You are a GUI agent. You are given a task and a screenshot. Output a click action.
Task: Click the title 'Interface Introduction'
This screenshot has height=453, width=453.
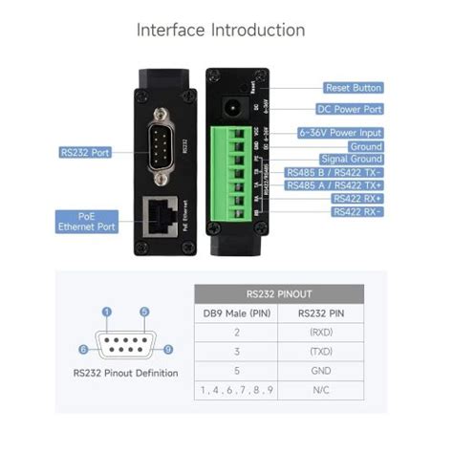(x=221, y=30)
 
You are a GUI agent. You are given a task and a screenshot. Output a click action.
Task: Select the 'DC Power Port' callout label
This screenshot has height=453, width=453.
(x=350, y=109)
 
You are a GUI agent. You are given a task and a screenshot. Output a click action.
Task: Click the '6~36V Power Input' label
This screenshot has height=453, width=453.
(x=341, y=133)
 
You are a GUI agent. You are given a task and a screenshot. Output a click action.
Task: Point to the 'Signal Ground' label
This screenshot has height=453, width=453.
(x=354, y=159)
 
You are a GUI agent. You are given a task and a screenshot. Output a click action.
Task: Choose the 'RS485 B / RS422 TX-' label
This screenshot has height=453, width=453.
(x=334, y=172)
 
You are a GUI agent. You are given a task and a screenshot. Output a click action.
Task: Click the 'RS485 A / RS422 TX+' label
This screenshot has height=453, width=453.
(x=334, y=184)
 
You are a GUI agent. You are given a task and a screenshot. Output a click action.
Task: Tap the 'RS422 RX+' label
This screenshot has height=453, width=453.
(x=357, y=198)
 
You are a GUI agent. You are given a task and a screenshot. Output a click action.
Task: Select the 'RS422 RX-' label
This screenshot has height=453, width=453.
(x=357, y=211)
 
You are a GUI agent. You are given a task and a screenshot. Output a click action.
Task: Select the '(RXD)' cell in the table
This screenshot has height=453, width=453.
(x=320, y=334)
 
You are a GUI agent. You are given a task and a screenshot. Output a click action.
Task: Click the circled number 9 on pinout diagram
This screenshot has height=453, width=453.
(x=167, y=350)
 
